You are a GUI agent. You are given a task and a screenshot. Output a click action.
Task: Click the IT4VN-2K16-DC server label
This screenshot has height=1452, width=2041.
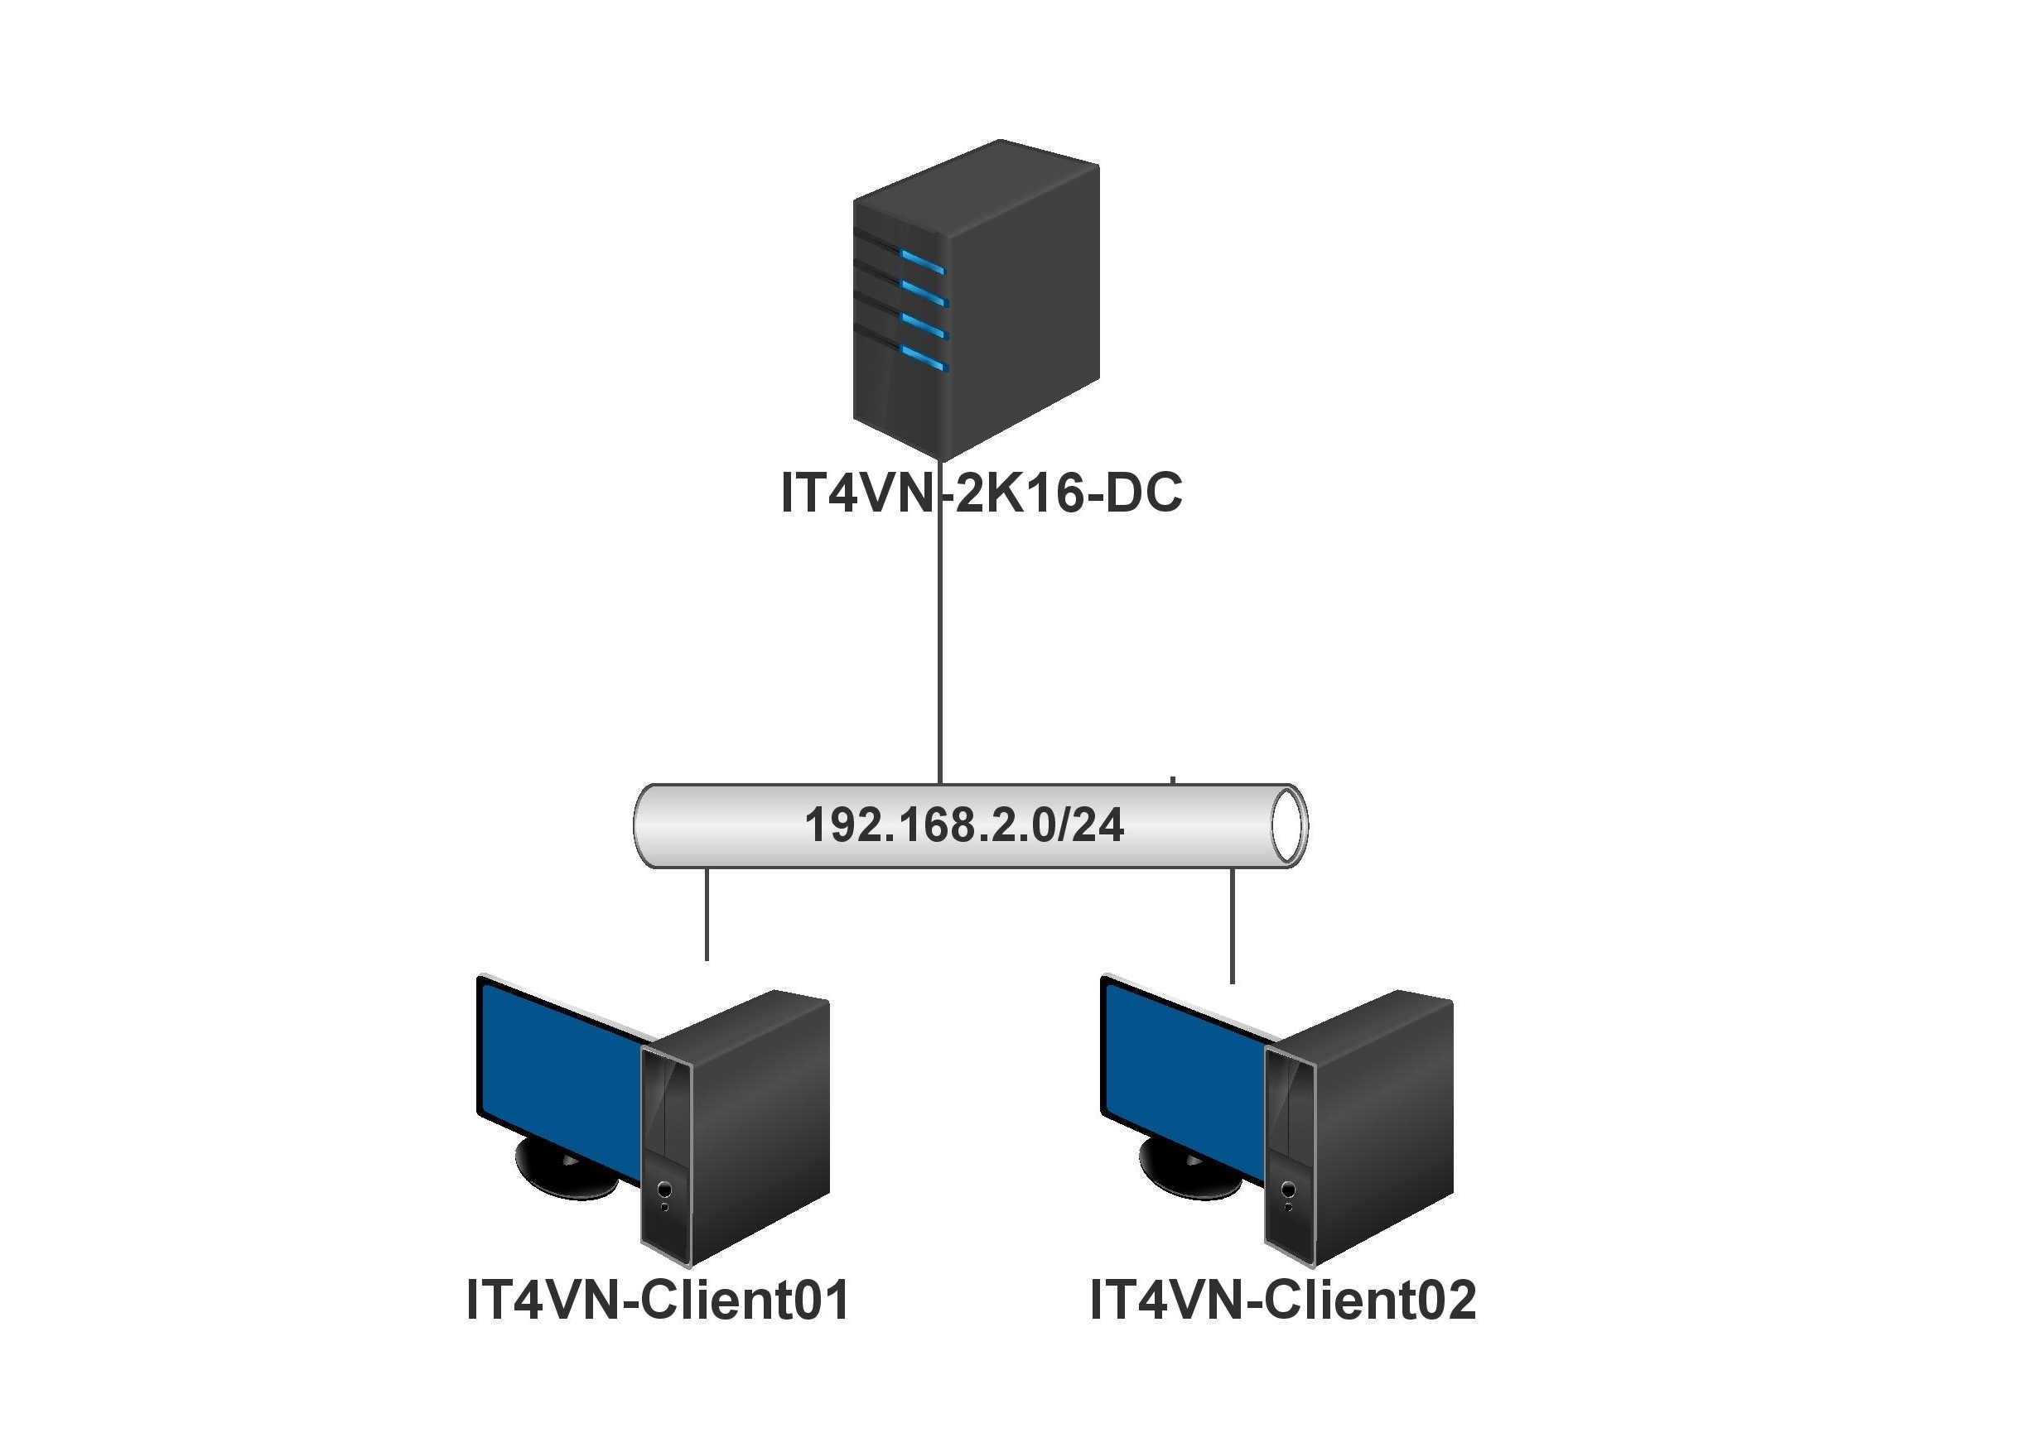point(981,493)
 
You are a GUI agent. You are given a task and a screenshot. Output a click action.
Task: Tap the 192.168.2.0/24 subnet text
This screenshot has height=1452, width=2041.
point(963,825)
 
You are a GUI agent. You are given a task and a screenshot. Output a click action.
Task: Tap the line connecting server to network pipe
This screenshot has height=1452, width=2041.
point(939,644)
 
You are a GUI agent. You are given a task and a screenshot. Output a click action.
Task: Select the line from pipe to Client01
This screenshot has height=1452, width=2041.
point(707,912)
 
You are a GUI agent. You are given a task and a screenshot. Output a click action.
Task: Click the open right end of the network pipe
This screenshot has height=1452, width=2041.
point(1288,825)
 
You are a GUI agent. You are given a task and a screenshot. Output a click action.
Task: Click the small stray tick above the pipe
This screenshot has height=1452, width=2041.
point(1173,781)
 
